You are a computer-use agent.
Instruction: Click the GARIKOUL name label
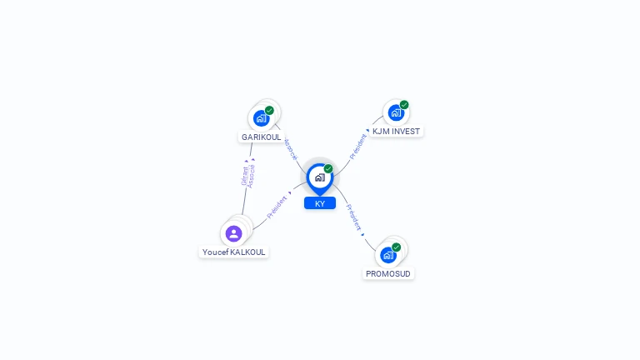[x=261, y=137]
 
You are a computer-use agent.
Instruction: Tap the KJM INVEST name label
[x=396, y=131]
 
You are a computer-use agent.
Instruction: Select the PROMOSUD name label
[x=387, y=273]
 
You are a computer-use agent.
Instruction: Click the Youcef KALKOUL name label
[x=233, y=252]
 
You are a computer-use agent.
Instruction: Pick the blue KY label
[x=320, y=203]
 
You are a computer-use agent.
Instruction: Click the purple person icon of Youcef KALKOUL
[x=233, y=233]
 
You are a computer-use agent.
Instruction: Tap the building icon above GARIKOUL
[x=261, y=118]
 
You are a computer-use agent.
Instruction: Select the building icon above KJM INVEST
[x=395, y=112]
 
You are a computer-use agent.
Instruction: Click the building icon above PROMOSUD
[x=387, y=255]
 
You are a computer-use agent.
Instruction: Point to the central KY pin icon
[x=318, y=177]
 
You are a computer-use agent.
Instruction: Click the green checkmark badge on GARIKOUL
[x=269, y=110]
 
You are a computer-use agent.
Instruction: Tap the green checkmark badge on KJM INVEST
[x=404, y=105]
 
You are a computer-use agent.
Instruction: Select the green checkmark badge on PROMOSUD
[x=397, y=247]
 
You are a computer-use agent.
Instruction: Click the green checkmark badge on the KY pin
[x=328, y=168]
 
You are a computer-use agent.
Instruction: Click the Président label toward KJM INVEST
[x=358, y=145]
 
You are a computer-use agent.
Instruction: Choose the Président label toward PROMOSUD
[x=354, y=217]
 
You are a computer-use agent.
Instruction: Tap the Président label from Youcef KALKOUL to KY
[x=277, y=207]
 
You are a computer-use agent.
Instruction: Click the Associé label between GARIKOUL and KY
[x=290, y=149]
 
